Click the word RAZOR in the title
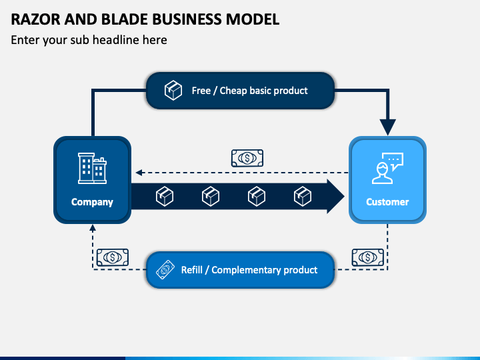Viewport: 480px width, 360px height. click(x=35, y=19)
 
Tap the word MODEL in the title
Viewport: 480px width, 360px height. click(x=253, y=19)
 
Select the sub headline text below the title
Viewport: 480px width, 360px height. click(x=89, y=40)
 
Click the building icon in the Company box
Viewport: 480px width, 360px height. click(x=92, y=168)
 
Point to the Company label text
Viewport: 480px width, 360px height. click(x=92, y=202)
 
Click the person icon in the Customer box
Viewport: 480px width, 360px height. click(x=383, y=173)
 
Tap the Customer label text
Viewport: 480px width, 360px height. click(x=387, y=202)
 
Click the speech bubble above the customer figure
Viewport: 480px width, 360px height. click(x=394, y=161)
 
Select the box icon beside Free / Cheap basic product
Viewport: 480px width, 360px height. click(x=173, y=90)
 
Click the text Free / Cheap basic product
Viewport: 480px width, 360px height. click(x=249, y=91)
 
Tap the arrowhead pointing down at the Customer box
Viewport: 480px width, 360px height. click(x=387, y=127)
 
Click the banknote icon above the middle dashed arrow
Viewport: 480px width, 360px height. click(x=247, y=158)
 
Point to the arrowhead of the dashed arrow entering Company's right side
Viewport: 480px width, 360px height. click(x=139, y=173)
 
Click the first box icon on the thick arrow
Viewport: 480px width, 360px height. click(x=165, y=196)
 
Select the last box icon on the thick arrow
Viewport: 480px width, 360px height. click(x=303, y=196)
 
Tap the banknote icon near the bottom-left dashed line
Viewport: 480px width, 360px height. click(x=113, y=257)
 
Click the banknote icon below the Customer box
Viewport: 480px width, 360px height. click(x=367, y=257)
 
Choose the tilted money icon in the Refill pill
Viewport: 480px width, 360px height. click(x=165, y=270)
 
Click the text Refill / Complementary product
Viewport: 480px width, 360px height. click(x=249, y=270)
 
